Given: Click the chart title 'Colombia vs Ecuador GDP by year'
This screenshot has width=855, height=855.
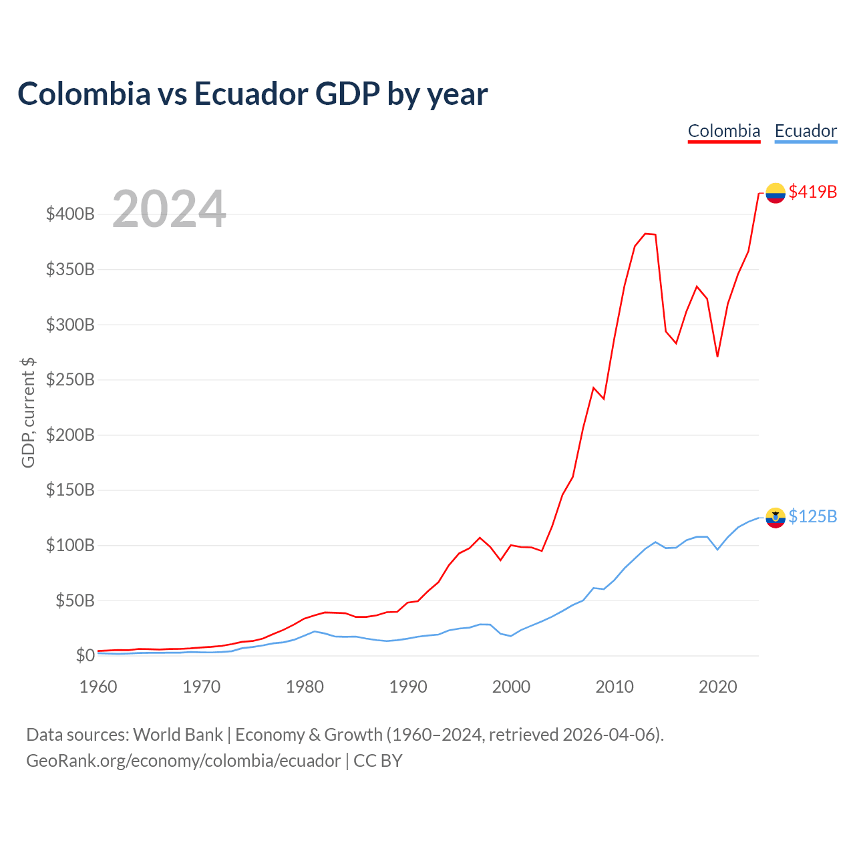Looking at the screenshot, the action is click(x=252, y=94).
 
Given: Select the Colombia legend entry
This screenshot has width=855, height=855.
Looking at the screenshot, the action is click(x=723, y=132).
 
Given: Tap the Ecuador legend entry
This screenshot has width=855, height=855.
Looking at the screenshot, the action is click(x=806, y=132).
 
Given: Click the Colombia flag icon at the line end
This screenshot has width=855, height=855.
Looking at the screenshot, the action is click(x=776, y=193).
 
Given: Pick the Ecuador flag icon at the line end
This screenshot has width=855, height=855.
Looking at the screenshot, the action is click(x=776, y=518).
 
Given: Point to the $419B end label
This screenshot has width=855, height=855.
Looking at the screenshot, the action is click(x=813, y=192).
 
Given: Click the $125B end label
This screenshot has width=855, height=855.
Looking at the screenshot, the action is click(x=813, y=516).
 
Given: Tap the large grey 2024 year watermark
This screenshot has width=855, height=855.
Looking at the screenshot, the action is click(x=169, y=208).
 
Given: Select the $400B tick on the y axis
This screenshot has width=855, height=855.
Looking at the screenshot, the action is click(x=70, y=214).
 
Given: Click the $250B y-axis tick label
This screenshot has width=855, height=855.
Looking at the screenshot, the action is click(x=70, y=380).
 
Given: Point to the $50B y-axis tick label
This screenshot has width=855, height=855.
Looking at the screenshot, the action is click(x=75, y=601).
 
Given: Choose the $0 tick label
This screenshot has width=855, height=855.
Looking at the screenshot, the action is click(x=85, y=655).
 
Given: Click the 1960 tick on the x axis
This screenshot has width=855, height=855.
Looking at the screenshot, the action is click(x=98, y=687).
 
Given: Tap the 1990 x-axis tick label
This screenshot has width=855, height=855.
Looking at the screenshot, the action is click(x=408, y=687).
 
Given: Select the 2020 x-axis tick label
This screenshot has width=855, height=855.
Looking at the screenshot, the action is click(x=718, y=687).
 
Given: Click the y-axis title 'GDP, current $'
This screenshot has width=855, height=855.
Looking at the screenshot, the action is click(x=28, y=413).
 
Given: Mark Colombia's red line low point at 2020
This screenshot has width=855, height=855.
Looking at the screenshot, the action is click(x=717, y=356).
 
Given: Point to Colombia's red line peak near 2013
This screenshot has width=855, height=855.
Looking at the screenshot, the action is click(x=645, y=233).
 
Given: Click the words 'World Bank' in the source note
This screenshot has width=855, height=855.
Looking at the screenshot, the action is click(x=178, y=735).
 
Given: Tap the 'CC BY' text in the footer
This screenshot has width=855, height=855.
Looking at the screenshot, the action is click(x=377, y=761).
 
